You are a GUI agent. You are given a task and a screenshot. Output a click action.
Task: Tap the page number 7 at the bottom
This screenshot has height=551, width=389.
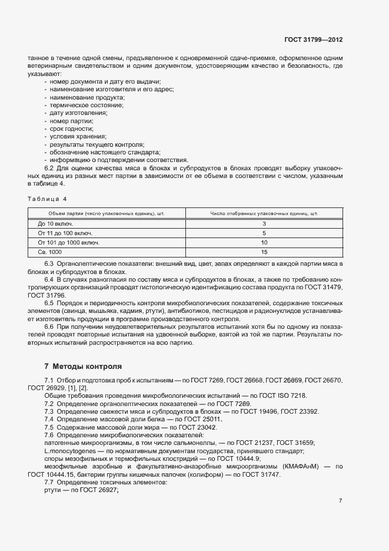click(x=340, y=501)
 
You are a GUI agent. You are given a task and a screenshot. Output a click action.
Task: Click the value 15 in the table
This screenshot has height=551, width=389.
click(x=264, y=252)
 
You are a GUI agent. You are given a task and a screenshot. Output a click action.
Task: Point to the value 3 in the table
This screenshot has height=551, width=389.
click(x=264, y=224)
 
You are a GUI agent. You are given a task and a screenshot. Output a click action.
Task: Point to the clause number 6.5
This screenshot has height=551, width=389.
click(x=49, y=303)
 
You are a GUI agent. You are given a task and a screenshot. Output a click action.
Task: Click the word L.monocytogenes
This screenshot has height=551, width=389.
click(x=70, y=451)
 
